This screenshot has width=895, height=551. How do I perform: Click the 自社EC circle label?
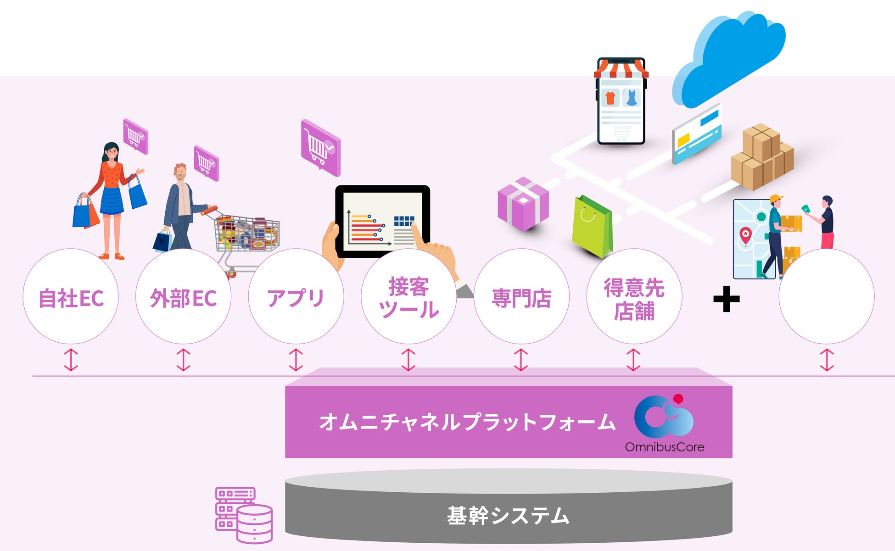pos(71,298)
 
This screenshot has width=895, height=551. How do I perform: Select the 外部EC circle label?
pos(183,298)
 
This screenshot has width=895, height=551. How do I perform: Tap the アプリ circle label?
pos(296,298)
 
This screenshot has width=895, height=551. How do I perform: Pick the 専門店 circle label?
pos(521,298)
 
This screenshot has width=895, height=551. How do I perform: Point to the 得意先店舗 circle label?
pos(634,299)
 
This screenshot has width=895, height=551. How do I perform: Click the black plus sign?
pos(726,299)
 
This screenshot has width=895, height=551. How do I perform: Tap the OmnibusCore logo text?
pos(664,447)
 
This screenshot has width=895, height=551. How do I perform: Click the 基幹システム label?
pos(508,516)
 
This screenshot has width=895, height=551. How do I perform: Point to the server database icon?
pos(244,515)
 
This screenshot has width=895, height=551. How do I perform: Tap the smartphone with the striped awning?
pos(621,101)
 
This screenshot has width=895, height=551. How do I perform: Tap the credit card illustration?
pos(696,134)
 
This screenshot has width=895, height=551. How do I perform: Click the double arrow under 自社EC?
pos(71,360)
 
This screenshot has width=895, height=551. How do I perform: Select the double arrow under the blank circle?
pos(827,360)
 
